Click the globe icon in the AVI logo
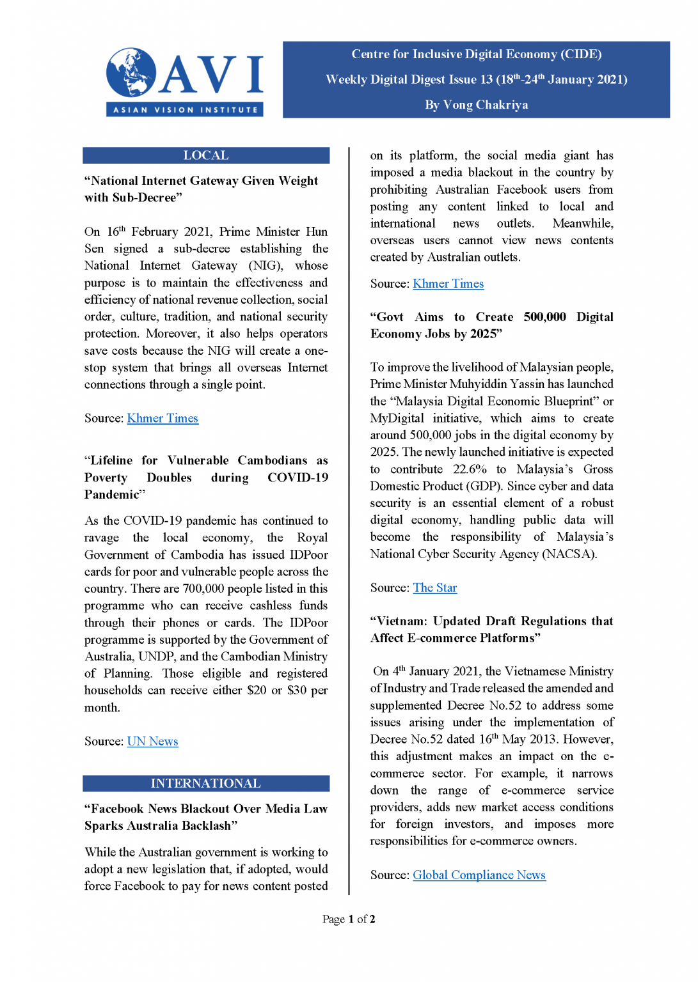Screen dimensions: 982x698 click(132, 72)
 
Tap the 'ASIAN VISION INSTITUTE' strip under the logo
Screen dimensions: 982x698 click(185, 110)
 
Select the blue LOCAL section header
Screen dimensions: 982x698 click(206, 155)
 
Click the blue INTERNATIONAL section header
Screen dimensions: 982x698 click(206, 783)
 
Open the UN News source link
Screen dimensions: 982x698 click(152, 741)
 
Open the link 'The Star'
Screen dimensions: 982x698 click(435, 588)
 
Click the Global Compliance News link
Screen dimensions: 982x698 click(479, 875)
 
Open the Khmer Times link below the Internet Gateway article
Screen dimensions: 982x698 click(163, 418)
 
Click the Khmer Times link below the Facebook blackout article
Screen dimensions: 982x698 click(448, 283)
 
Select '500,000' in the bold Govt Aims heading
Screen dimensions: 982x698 click(544, 317)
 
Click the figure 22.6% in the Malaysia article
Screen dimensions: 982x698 click(470, 469)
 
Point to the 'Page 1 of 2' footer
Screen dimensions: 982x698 click(349, 919)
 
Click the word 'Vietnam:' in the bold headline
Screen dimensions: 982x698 click(401, 621)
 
